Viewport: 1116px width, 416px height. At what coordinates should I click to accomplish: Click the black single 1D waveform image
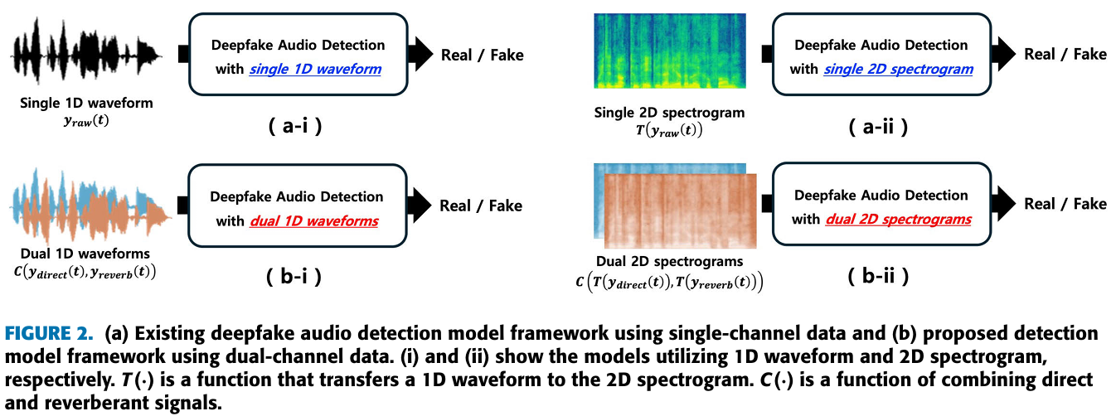pos(87,51)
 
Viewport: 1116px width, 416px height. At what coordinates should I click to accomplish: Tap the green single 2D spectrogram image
pos(669,51)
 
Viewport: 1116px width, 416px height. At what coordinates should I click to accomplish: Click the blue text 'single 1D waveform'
pos(315,69)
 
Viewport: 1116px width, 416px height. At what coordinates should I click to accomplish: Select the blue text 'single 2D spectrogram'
pos(898,69)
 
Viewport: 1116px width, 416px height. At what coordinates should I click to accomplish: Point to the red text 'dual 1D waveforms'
pos(313,221)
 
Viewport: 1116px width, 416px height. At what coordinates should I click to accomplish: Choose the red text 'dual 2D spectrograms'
pos(897,220)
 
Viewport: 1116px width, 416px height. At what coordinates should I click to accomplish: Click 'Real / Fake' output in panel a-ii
pos(1065,55)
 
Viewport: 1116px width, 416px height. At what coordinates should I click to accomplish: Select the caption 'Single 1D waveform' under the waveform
pos(87,104)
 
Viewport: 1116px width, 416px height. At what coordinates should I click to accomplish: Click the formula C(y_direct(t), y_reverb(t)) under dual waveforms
pos(86,272)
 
